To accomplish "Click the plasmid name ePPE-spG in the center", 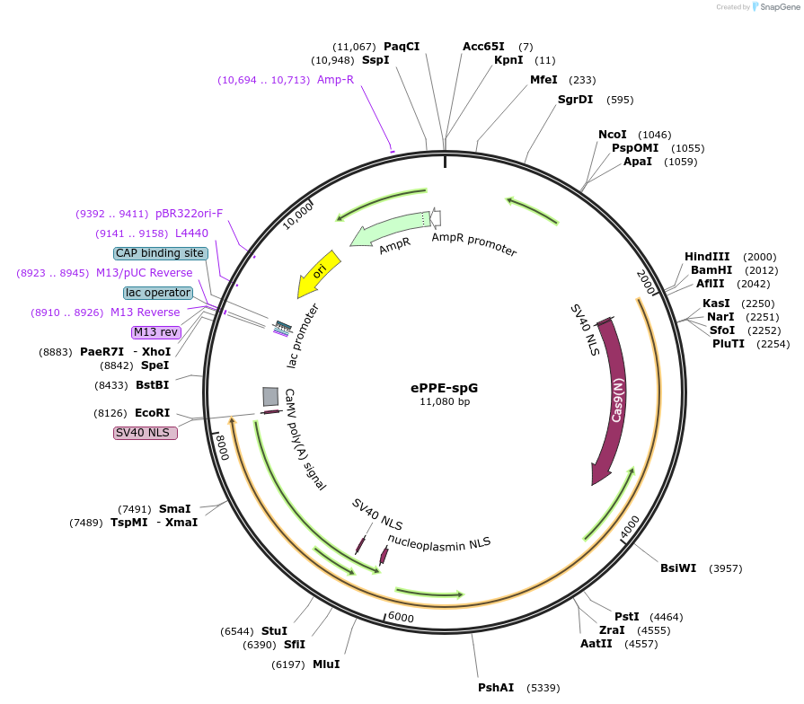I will pyautogui.click(x=445, y=388).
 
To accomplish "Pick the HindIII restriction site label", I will pyautogui.click(x=707, y=256).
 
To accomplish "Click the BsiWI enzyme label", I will pyautogui.click(x=678, y=568).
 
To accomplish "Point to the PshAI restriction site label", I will pyautogui.click(x=496, y=687).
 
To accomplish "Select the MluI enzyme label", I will pyautogui.click(x=326, y=664).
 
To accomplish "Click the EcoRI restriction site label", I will pyautogui.click(x=152, y=413).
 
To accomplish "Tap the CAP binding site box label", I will pyautogui.click(x=162, y=253).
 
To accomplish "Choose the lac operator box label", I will pyautogui.click(x=158, y=293).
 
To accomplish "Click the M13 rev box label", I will pyautogui.click(x=156, y=332).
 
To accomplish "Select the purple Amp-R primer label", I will pyautogui.click(x=336, y=80).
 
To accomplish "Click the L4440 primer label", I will pyautogui.click(x=191, y=233).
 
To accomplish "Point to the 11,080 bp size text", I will pyautogui.click(x=445, y=401).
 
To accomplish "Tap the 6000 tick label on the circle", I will pyautogui.click(x=401, y=618).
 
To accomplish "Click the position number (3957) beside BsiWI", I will pyautogui.click(x=726, y=568).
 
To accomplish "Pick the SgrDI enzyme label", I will pyautogui.click(x=575, y=99).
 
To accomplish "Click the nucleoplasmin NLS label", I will pyautogui.click(x=439, y=541).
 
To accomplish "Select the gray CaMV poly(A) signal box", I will pyautogui.click(x=270, y=396).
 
